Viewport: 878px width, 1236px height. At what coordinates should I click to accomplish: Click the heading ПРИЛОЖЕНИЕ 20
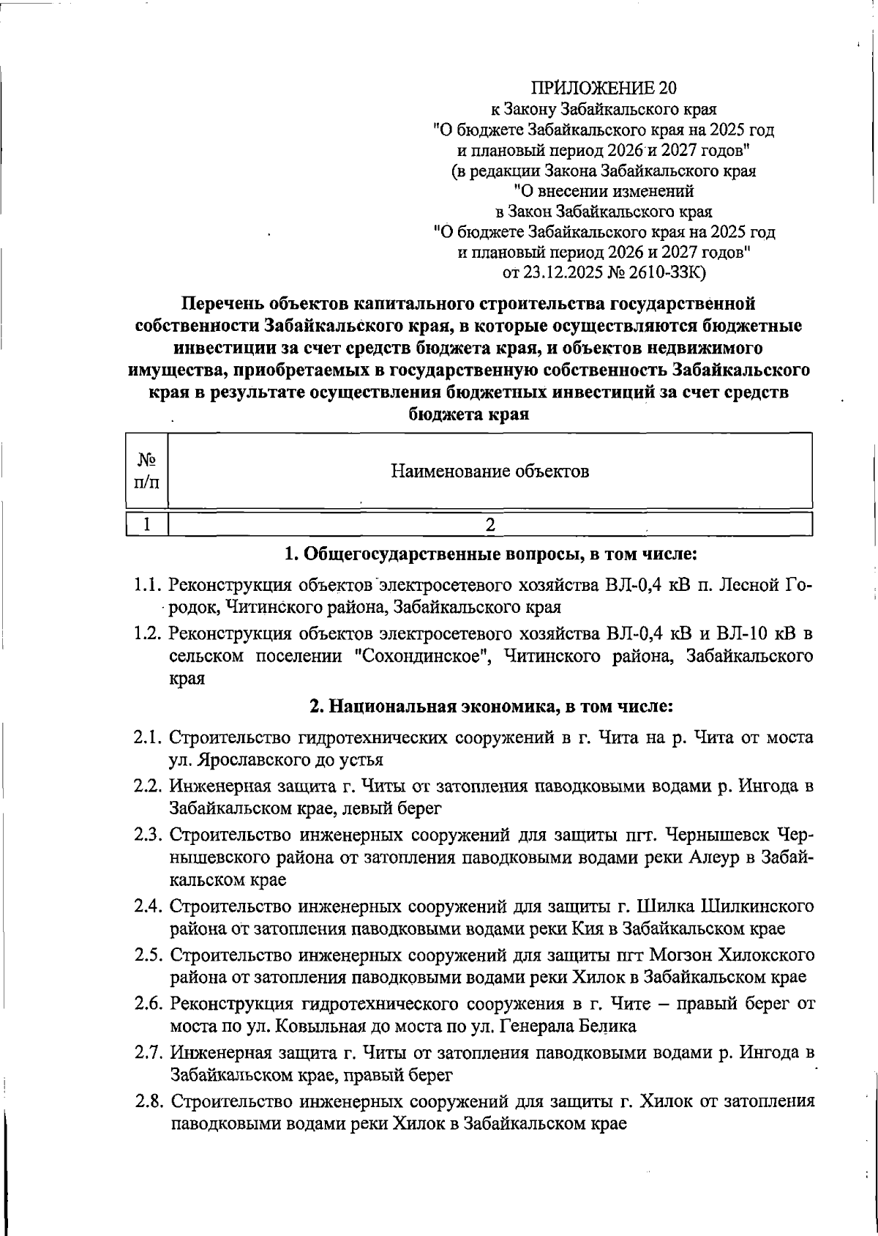(604, 89)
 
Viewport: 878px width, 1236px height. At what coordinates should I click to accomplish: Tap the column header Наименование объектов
(489, 471)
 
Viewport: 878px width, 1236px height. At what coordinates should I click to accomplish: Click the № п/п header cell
(147, 471)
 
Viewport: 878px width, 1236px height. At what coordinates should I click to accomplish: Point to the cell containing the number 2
(490, 524)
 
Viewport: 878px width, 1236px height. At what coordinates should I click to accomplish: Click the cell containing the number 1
(147, 524)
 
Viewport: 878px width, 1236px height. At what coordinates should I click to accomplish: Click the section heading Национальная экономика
(441, 707)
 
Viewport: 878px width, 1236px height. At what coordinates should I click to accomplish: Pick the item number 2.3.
(148, 835)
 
